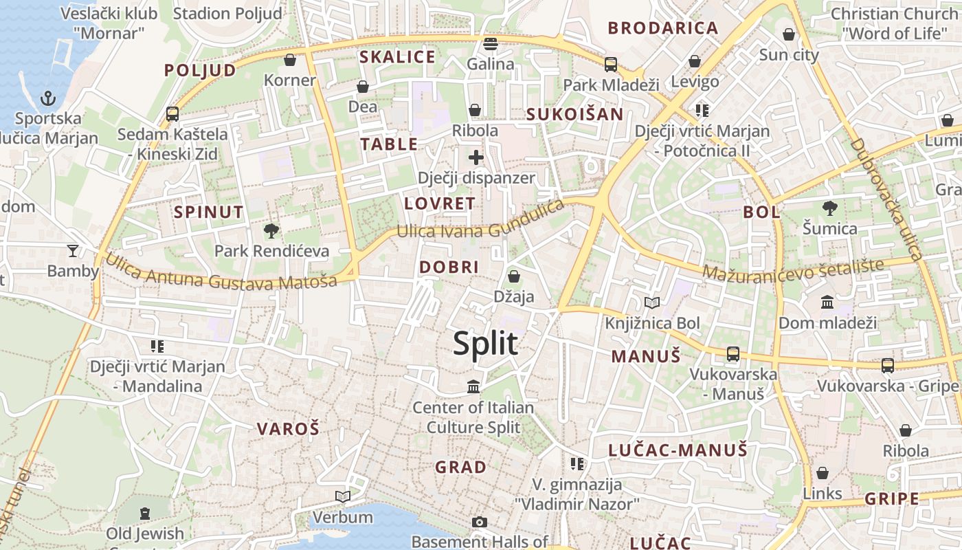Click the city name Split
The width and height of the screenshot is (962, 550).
(485, 342)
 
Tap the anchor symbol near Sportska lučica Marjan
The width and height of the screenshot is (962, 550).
(47, 98)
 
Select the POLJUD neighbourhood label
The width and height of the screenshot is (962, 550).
(199, 70)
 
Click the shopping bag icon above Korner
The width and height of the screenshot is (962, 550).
(290, 60)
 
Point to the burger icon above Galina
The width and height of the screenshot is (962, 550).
(490, 44)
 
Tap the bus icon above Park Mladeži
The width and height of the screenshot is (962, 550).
(610, 65)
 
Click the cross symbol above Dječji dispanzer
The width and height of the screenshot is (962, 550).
(476, 157)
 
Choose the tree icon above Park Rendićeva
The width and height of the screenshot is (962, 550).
(271, 230)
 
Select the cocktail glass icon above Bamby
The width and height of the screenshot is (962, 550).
(73, 250)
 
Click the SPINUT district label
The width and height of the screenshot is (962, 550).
(209, 212)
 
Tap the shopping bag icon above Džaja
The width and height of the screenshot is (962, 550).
(513, 276)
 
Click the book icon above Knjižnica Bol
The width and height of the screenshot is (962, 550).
(651, 302)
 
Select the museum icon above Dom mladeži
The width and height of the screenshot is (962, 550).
(827, 302)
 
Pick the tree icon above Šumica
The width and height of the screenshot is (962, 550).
(829, 208)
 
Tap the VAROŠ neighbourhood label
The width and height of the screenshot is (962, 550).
(288, 429)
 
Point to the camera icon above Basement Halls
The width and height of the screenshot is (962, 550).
(480, 522)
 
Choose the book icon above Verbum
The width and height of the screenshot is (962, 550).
(342, 496)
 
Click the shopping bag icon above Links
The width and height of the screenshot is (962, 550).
(823, 473)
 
